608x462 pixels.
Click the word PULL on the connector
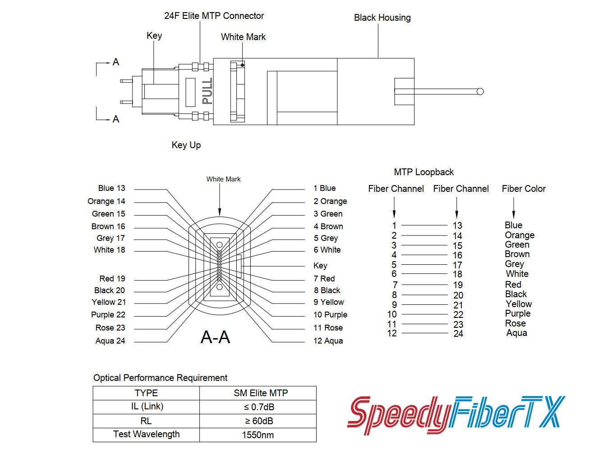tap(207, 91)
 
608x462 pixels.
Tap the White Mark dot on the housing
tap(243, 65)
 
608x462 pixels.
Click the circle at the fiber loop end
tap(480, 91)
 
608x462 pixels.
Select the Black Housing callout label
tap(382, 18)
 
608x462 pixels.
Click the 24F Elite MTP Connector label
tap(214, 16)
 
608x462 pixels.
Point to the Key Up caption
tap(186, 145)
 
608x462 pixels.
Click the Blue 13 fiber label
tap(111, 188)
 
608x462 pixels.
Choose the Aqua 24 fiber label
tap(110, 341)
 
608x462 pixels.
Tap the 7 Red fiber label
tap(324, 279)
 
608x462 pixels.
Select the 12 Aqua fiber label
tap(328, 341)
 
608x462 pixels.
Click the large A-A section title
tap(215, 337)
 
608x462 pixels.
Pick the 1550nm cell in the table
tap(258, 435)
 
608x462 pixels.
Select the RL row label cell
tap(146, 421)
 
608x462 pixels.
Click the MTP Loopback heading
tap(424, 172)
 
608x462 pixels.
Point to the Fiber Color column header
tap(524, 189)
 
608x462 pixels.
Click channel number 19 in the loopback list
tap(458, 285)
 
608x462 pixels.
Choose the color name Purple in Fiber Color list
tap(517, 313)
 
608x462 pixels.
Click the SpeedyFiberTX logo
tap(456, 413)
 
